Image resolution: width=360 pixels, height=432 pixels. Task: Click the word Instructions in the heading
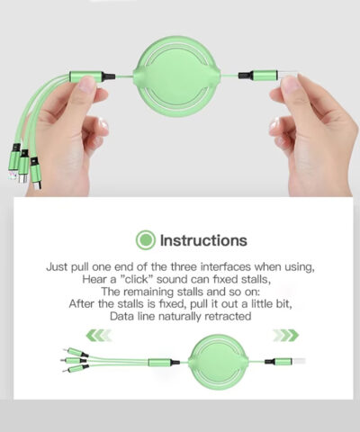(203, 240)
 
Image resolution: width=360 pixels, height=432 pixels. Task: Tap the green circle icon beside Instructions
(146, 240)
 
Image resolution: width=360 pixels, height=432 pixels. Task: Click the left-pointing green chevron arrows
(98, 335)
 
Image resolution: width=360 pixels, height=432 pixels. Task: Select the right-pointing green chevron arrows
(286, 335)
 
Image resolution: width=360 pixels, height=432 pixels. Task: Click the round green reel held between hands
(177, 76)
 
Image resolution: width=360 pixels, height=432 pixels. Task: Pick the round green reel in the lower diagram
(219, 362)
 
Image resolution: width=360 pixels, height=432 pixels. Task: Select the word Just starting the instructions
(57, 266)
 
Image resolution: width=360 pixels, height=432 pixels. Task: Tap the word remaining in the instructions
(148, 292)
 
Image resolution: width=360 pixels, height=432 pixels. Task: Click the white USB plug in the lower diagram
(299, 361)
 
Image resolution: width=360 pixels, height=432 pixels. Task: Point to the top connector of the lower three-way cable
(76, 352)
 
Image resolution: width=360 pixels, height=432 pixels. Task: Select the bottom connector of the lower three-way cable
(76, 368)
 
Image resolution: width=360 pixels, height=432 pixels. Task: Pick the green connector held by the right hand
(265, 75)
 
